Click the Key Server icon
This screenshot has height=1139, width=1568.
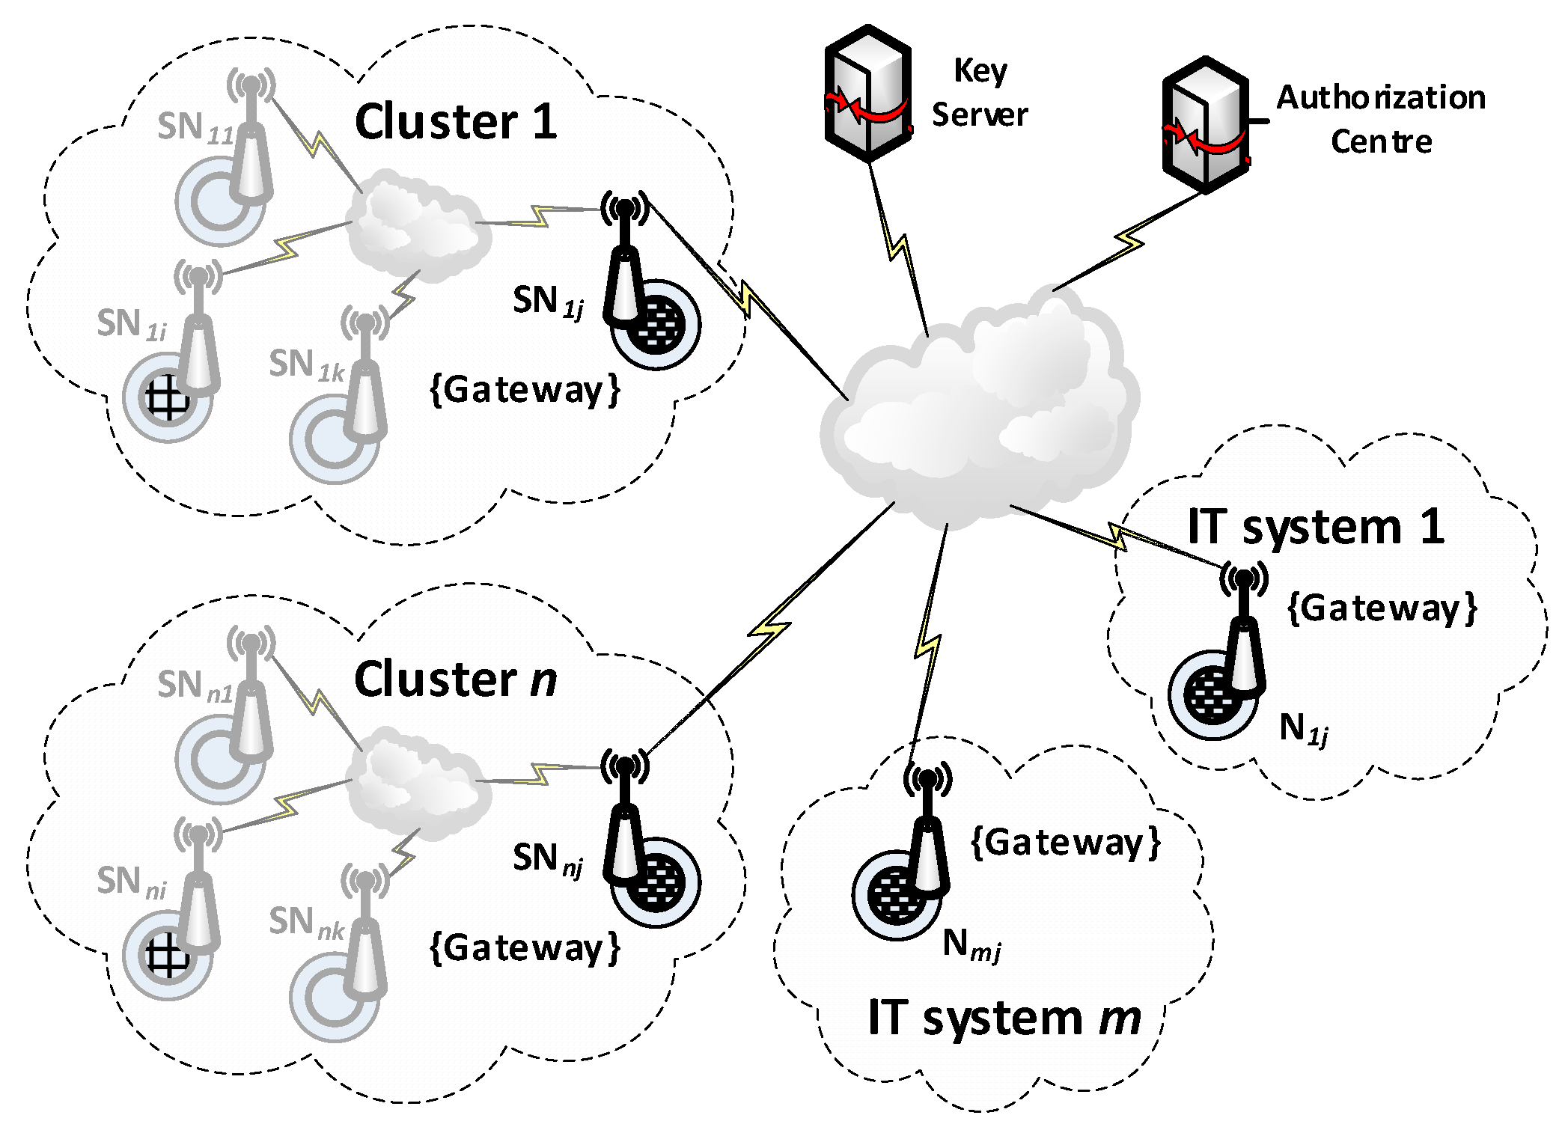point(867,94)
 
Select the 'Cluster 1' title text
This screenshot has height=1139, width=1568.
point(456,122)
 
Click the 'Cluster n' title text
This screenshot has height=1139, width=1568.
point(456,680)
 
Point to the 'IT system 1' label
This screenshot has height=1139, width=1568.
point(1315,527)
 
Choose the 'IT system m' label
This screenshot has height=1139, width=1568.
point(1004,1019)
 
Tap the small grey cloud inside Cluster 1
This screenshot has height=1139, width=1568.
point(415,225)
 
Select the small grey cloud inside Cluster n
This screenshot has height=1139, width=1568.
point(415,782)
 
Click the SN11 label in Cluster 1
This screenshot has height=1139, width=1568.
point(195,128)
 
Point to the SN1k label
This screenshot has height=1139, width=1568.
point(306,366)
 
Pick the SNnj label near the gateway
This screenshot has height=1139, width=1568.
point(547,859)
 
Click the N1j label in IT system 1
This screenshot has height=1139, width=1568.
point(1303,729)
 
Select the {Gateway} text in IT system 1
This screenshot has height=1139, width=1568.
point(1382,608)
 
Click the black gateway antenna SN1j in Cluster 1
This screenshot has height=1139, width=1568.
point(625,262)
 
